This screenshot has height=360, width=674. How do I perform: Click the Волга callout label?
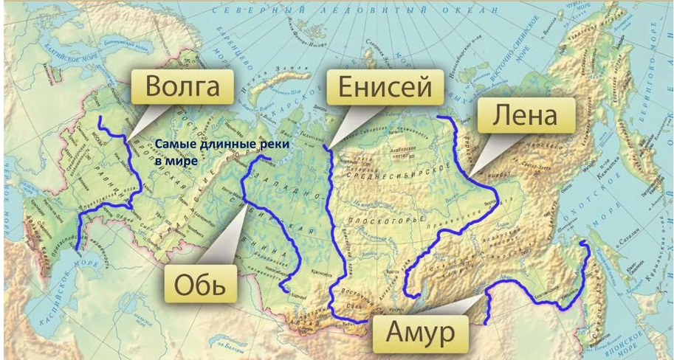click(183, 88)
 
